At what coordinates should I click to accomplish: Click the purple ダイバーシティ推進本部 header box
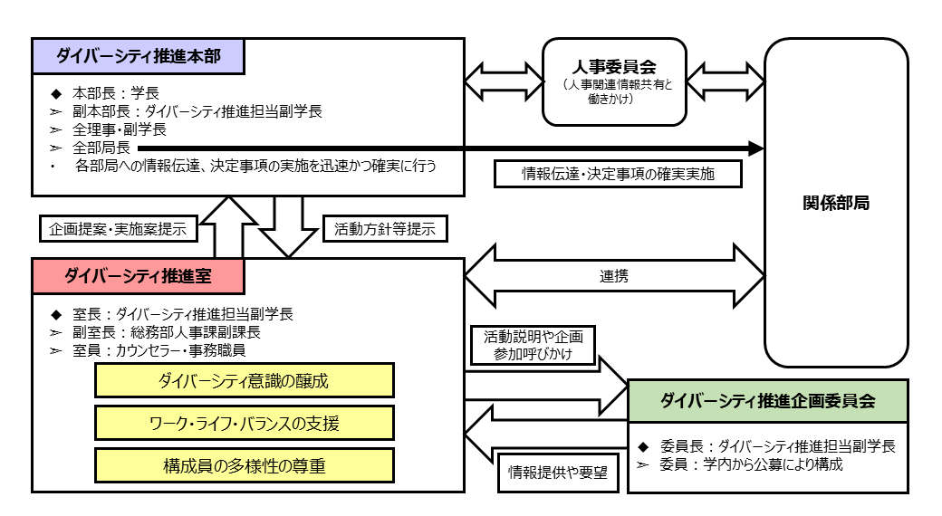click(x=138, y=56)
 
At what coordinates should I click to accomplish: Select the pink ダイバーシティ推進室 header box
click(x=138, y=276)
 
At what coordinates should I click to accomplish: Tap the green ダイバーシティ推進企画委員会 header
click(x=767, y=401)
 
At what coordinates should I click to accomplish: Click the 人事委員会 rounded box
click(x=614, y=81)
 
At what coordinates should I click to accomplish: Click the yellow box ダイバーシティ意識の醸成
click(x=245, y=381)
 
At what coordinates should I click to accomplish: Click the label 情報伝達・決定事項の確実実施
click(x=618, y=173)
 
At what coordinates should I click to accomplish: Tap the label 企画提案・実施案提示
click(x=119, y=229)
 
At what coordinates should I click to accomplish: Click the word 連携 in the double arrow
click(x=613, y=277)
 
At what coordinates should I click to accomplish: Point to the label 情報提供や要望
click(x=558, y=472)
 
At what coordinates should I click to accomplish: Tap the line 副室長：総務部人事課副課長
click(x=167, y=331)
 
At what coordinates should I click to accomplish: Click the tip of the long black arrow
click(x=761, y=148)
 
